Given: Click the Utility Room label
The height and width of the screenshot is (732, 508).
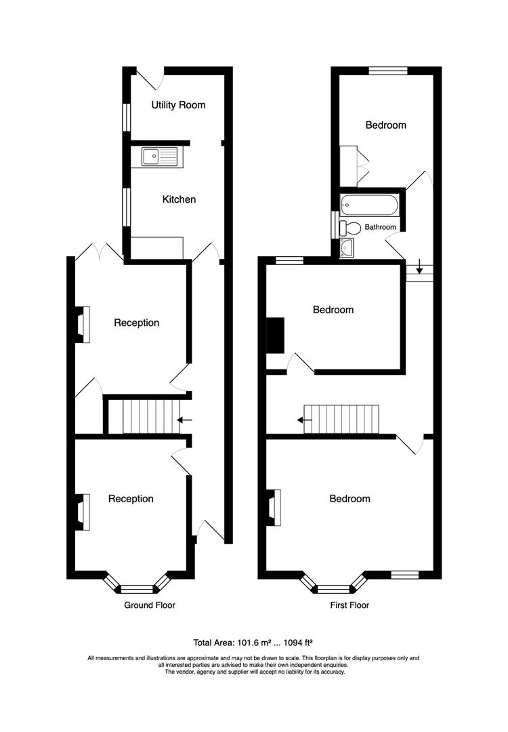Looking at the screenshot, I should point(178,105).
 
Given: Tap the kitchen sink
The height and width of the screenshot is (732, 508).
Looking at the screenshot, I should point(159,157).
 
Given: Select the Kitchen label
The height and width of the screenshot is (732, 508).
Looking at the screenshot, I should point(179,199).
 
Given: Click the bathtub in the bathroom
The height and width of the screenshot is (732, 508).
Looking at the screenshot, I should point(371,205).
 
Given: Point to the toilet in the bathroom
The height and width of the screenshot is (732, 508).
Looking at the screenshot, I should point(352,227).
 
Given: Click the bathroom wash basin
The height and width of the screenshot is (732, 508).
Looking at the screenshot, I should point(347,248).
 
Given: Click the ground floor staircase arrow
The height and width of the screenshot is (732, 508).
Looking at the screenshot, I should point(185,420).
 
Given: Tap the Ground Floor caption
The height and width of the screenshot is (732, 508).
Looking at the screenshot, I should point(149,605).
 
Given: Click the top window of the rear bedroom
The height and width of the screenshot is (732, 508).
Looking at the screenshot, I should point(388,70).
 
